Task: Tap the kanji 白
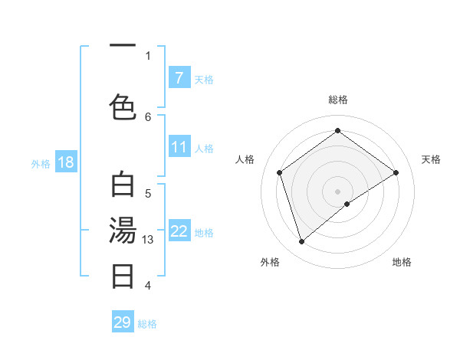pos(123,186)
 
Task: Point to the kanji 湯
pos(123,231)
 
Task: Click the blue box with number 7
pos(179,78)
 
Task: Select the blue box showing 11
pos(179,147)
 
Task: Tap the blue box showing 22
pos(179,231)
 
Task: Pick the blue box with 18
pos(65,162)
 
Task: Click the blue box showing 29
pos(123,322)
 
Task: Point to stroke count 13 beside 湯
pos(149,240)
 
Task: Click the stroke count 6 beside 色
pos(148,116)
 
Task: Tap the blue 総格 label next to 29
pos(148,324)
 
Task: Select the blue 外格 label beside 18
pos(41,163)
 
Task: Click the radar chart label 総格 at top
pos(338,100)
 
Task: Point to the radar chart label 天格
pos(431,159)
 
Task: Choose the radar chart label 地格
pos(402,262)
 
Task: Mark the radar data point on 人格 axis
pos(280,172)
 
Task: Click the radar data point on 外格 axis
pos(302,241)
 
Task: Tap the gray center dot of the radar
pos(338,191)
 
